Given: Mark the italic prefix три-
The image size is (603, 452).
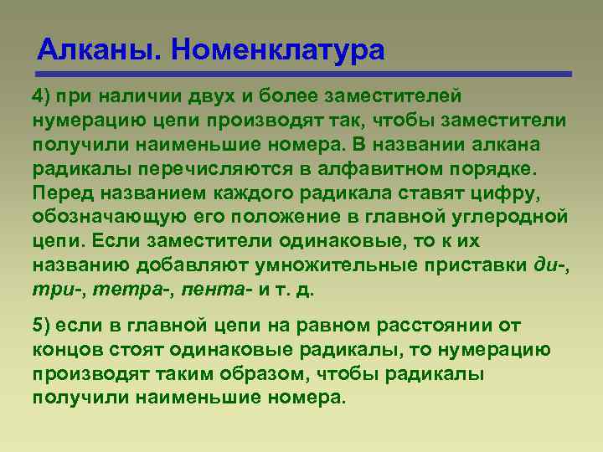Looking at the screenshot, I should coord(54,290).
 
